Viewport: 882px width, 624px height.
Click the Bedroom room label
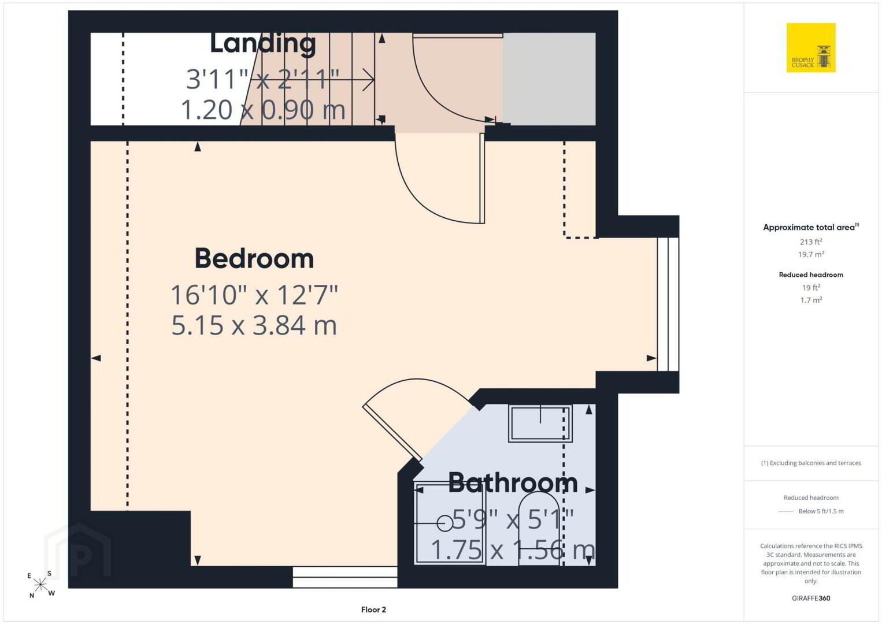tap(254, 259)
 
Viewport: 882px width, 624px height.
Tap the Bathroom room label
tap(513, 482)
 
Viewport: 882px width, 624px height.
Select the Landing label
tap(262, 44)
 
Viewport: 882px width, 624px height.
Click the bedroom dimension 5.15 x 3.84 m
tap(254, 326)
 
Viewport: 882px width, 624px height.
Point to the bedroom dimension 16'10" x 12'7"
tap(254, 295)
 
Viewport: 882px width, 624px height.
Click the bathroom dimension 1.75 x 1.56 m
tap(513, 549)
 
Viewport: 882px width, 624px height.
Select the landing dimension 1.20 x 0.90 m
tap(263, 109)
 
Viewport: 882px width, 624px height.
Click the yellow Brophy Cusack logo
tap(811, 47)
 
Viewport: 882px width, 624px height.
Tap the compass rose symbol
tap(40, 585)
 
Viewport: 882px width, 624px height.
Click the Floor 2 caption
tap(373, 610)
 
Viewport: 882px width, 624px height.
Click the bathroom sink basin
tap(540, 423)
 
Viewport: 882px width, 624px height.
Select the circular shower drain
tap(445, 523)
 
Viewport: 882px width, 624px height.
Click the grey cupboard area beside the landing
tap(549, 79)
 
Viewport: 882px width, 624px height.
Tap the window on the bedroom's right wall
tap(668, 304)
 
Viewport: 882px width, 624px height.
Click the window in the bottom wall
tap(345, 577)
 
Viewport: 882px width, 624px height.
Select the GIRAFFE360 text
tap(811, 599)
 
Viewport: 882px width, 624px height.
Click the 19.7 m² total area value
tap(811, 254)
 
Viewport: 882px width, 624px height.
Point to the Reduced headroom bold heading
tap(811, 275)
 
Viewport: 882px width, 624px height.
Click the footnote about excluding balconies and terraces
tap(811, 463)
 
